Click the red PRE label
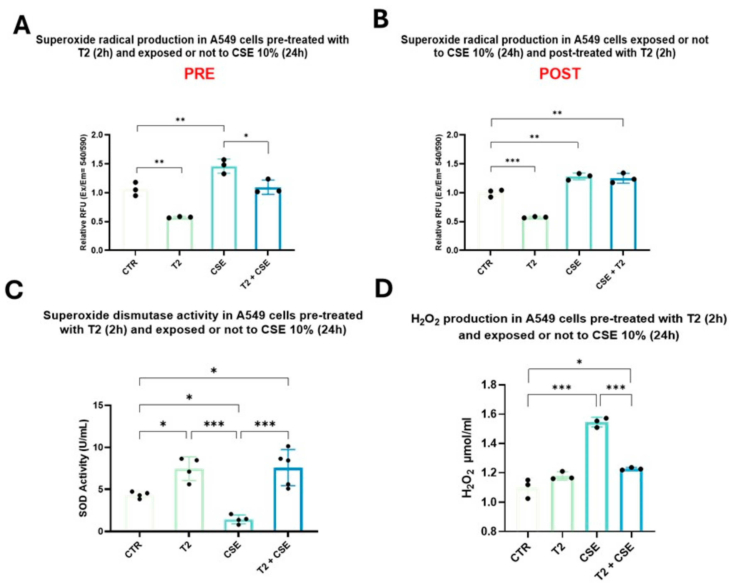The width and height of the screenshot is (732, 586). point(199,74)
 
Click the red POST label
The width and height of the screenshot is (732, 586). point(560,74)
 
